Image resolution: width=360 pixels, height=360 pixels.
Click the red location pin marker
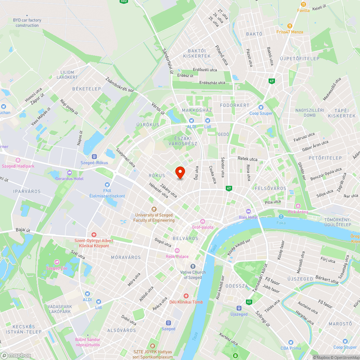(x=180, y=172)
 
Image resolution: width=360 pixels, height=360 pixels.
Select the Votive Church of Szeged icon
(x=193, y=266)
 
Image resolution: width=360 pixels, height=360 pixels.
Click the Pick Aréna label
(x=298, y=212)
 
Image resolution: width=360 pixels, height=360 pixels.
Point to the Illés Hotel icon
(x=248, y=211)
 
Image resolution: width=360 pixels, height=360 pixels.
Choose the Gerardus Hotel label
(x=69, y=179)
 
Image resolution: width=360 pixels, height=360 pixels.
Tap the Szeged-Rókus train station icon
(x=94, y=157)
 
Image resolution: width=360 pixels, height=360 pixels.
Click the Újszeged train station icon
(x=239, y=308)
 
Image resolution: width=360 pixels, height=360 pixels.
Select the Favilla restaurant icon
(x=303, y=4)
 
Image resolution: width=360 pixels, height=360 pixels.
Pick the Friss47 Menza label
(x=290, y=32)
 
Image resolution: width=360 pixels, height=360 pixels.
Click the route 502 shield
(x=124, y=1)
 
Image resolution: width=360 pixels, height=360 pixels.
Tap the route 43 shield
(x=249, y=302)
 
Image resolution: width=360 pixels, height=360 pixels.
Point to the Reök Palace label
(x=177, y=256)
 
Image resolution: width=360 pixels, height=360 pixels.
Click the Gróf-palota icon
(x=203, y=221)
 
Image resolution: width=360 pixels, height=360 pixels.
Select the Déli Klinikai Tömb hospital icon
(x=186, y=296)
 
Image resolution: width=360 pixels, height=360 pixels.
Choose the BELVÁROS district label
(x=185, y=238)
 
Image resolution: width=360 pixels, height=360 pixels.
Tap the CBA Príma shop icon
(x=291, y=342)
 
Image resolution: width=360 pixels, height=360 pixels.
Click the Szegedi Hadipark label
(x=18, y=166)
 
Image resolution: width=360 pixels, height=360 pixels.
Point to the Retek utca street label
(x=247, y=159)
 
